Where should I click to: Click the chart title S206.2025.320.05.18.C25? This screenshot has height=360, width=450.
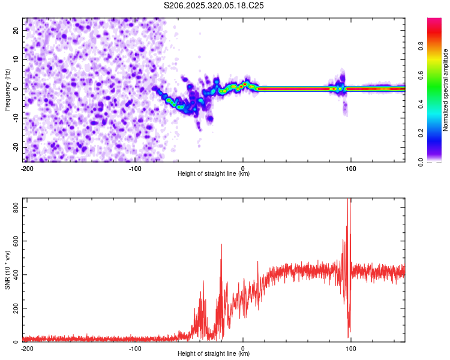pyautogui.click(x=214, y=5)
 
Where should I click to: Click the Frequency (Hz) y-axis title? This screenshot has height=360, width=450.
pyautogui.click(x=7, y=90)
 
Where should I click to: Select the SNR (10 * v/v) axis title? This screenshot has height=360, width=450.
pyautogui.click(x=7, y=269)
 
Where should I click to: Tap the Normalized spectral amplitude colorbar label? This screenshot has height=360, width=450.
pyautogui.click(x=446, y=90)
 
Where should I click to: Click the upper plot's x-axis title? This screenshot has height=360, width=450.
pyautogui.click(x=214, y=174)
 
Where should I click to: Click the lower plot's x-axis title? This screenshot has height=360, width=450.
pyautogui.click(x=214, y=354)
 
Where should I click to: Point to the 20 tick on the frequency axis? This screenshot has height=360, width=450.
pyautogui.click(x=16, y=29)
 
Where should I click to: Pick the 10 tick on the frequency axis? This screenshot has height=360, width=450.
pyautogui.click(x=16, y=59)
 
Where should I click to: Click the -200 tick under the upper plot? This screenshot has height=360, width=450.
pyautogui.click(x=26, y=168)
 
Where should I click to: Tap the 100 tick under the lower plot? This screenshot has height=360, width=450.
pyautogui.click(x=350, y=348)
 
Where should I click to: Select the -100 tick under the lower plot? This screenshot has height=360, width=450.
pyautogui.click(x=134, y=348)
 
